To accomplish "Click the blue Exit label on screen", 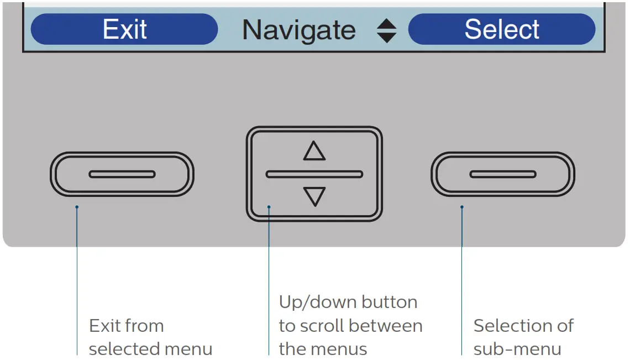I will coord(124,29).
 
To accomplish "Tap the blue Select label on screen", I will coord(502,29).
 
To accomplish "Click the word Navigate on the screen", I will coord(299,29).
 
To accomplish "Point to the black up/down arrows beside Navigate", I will coord(387,31).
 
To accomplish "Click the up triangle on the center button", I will coord(314,151).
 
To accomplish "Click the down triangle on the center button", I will coord(314,196).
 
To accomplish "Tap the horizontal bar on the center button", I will coord(314,174).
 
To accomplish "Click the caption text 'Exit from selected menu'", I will coord(150,337).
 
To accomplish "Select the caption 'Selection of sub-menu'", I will coord(523,337).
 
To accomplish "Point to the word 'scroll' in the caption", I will coord(324,326).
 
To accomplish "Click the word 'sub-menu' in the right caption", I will coord(517,349).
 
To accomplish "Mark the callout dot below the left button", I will coord(77,207).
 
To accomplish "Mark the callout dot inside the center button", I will coord(269,207).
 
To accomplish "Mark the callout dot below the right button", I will coord(462,207).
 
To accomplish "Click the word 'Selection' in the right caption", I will coord(507,326).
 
